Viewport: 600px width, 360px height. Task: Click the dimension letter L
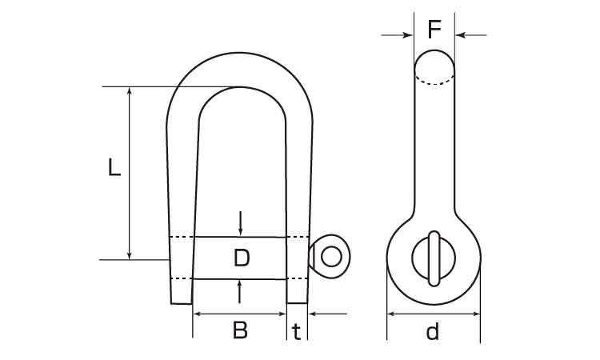pos(114,167)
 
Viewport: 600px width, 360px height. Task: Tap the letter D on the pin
pos(242,258)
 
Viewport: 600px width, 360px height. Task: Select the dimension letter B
pos(240,330)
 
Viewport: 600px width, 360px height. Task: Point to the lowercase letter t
pos(297,332)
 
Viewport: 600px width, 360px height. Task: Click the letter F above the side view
pos(434,30)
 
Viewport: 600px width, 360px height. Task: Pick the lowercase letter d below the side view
pos(433,331)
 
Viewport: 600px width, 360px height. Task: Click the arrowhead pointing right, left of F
pos(408,35)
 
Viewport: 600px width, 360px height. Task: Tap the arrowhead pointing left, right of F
pos(460,35)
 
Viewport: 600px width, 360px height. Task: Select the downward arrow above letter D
pos(240,223)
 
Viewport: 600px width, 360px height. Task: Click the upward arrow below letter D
pos(239,292)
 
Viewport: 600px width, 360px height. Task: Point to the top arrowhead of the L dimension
pos(130,92)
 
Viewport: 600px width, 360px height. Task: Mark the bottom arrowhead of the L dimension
pos(130,254)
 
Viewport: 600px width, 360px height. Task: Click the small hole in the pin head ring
pos(331,256)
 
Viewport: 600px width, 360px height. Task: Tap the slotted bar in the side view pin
pos(434,258)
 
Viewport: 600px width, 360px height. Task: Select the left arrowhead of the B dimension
pos(198,314)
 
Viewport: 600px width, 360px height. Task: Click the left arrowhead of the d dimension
pos(392,314)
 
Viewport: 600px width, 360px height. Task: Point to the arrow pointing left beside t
pos(327,314)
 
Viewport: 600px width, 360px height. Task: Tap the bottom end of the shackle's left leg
pos(181,304)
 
